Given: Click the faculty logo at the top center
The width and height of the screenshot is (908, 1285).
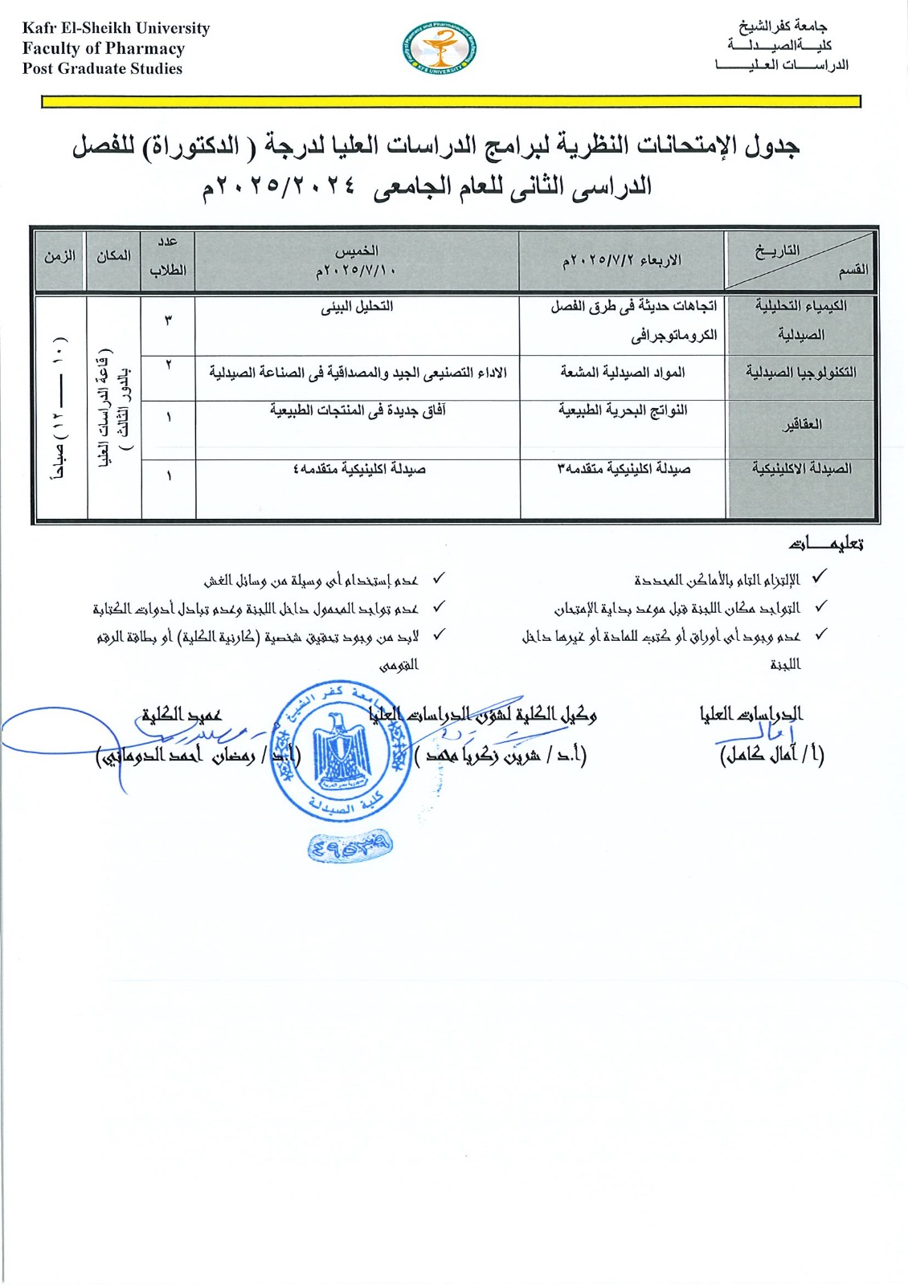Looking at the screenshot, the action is pyautogui.click(x=439, y=49).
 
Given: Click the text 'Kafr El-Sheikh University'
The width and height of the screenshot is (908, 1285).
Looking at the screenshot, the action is pyautogui.click(x=117, y=28).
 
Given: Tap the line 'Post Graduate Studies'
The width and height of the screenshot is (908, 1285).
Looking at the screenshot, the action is pyautogui.click(x=103, y=68).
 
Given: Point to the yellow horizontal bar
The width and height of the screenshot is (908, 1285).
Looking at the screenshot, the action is pyautogui.click(x=451, y=102).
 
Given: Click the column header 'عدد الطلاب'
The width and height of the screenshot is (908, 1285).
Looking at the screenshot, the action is pyautogui.click(x=168, y=255).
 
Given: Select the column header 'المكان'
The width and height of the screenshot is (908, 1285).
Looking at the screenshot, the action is pyautogui.click(x=113, y=255).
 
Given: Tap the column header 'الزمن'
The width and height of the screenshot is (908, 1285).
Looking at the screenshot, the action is pyautogui.click(x=59, y=255).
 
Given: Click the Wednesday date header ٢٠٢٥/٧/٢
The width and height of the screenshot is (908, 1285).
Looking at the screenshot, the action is pyautogui.click(x=621, y=260).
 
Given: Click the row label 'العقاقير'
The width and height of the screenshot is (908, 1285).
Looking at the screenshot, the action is pyautogui.click(x=802, y=424).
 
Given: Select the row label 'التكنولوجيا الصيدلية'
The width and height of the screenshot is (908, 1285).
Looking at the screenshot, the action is pyautogui.click(x=800, y=373).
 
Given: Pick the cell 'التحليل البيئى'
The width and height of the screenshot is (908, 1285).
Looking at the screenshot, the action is pyautogui.click(x=357, y=307).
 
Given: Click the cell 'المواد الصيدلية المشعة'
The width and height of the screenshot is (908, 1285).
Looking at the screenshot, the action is pyautogui.click(x=623, y=373).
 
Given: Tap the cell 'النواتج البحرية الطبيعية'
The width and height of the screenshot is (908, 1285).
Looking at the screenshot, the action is pyautogui.click(x=623, y=410).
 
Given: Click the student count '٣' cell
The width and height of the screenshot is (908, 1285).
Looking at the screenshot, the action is pyautogui.click(x=168, y=320).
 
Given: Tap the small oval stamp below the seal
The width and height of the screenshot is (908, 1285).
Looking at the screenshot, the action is pyautogui.click(x=350, y=845).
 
